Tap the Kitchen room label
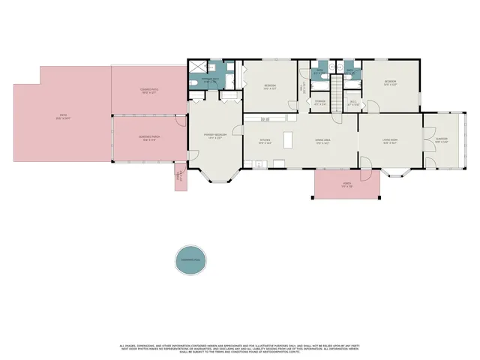[x=265, y=140]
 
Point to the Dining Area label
[x=323, y=140]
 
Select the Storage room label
[x=320, y=102]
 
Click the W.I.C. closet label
[x=352, y=104]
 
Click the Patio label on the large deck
[x=64, y=117]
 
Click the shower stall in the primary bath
[x=197, y=66]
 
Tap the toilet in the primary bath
[x=193, y=82]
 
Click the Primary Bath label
[x=212, y=79]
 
